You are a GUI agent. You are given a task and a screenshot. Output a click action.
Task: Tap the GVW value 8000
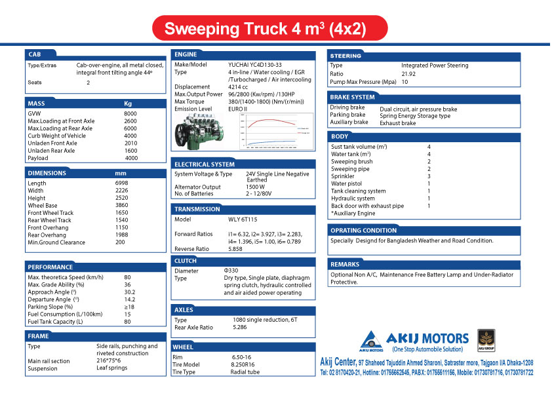pyautogui.click(x=130, y=113)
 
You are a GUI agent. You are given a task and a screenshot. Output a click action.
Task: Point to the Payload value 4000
pyautogui.click(x=131, y=158)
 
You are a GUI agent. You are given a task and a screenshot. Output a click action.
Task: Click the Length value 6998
pyautogui.click(x=122, y=183)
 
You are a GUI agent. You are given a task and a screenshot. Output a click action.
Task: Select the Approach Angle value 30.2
pyautogui.click(x=130, y=292)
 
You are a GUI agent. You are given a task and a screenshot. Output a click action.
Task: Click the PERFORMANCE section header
pyautogui.click(x=50, y=267)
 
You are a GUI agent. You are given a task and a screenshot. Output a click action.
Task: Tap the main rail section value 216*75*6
pyautogui.click(x=108, y=361)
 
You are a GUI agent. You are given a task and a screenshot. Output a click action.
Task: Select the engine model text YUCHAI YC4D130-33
pyautogui.click(x=255, y=64)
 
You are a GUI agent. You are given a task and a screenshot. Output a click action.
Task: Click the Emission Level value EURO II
pyautogui.click(x=238, y=109)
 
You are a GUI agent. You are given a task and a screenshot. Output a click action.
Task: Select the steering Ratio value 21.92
pyautogui.click(x=408, y=74)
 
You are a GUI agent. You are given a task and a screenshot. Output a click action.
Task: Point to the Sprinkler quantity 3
pyautogui.click(x=429, y=176)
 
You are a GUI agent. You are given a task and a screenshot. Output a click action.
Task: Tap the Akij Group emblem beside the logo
pyautogui.click(x=487, y=339)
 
